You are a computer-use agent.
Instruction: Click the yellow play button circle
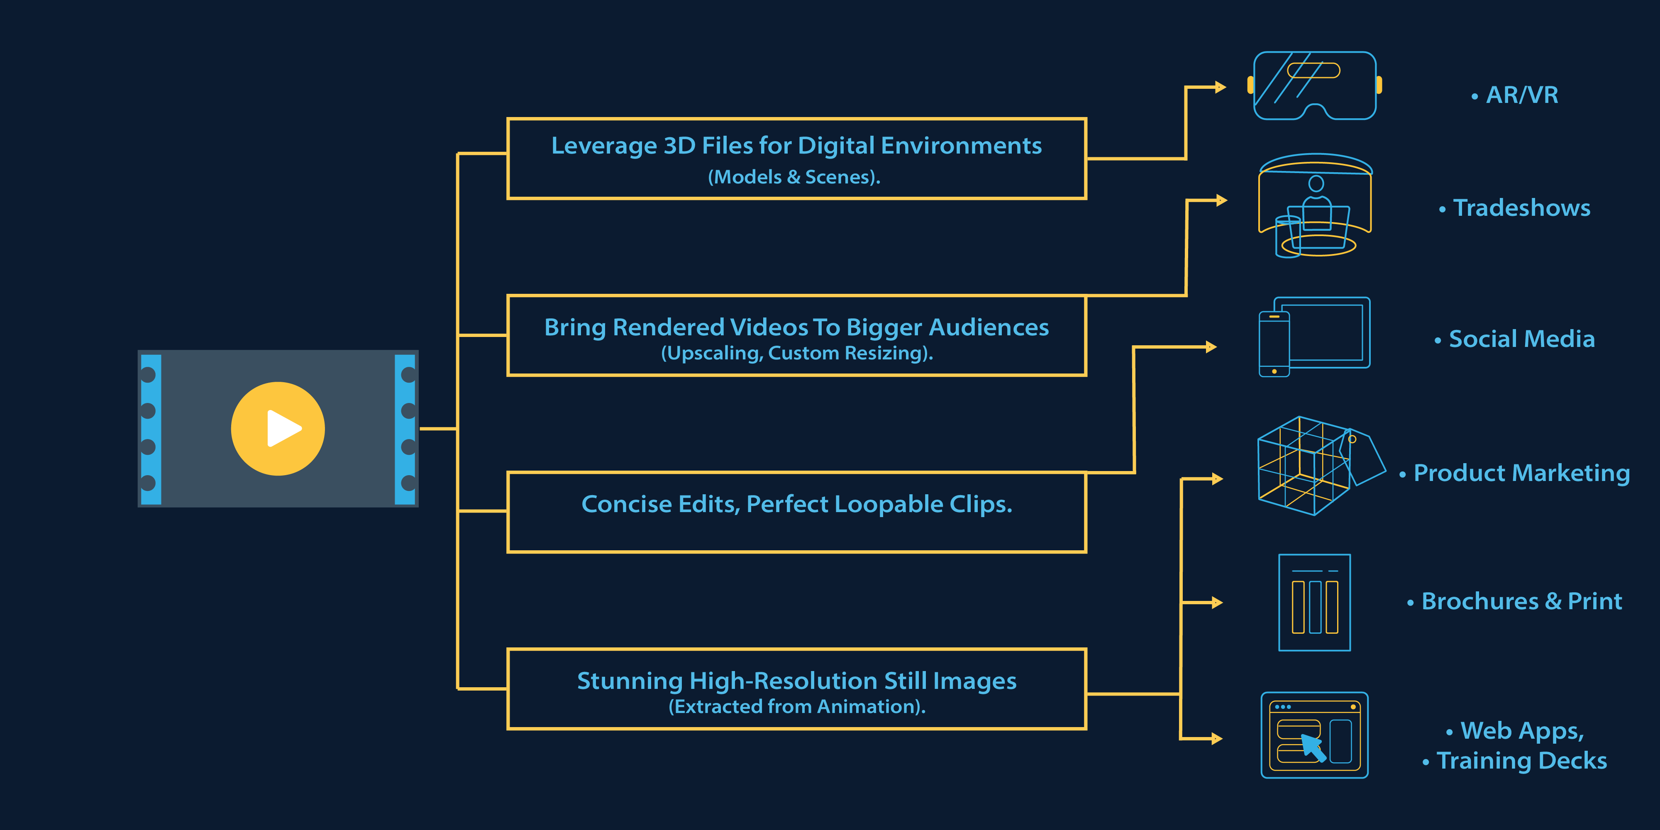pos(278,429)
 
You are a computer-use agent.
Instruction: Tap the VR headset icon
pos(1315,86)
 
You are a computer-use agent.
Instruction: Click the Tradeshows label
pos(1515,208)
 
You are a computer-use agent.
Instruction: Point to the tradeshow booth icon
pos(1315,205)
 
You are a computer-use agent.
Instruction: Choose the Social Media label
pos(1515,339)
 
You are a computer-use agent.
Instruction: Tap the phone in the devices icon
pos(1274,344)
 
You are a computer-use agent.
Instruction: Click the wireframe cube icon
pos(1321,465)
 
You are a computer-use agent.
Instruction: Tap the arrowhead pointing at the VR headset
pos(1220,87)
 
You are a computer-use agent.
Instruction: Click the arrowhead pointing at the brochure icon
pos(1217,603)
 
